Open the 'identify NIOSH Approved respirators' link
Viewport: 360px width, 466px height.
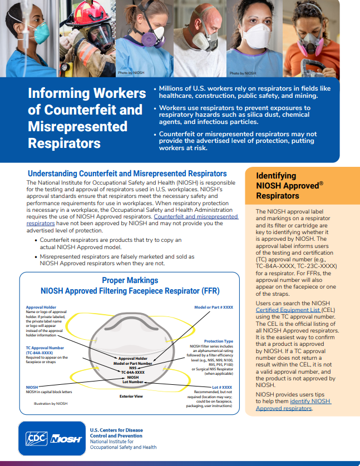(293, 404)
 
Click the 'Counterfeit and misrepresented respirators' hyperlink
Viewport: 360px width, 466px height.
(195, 217)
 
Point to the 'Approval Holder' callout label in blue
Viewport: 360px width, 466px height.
(41, 307)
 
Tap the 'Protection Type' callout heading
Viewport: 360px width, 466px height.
(218, 341)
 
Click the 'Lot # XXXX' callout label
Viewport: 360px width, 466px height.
(222, 386)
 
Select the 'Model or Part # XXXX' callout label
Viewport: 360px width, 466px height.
(213, 307)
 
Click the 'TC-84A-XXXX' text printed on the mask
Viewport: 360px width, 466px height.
(133, 372)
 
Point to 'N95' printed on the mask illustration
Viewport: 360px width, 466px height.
(133, 368)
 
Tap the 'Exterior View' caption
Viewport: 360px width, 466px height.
(131, 396)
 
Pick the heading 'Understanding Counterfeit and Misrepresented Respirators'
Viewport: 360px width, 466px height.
(127, 173)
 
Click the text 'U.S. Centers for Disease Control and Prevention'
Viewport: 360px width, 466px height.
(116, 433)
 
